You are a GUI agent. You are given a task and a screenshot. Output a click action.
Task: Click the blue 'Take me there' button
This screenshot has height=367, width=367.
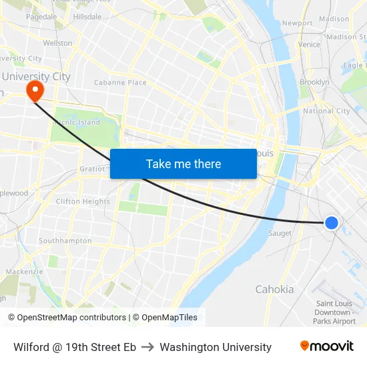pyautogui.click(x=183, y=163)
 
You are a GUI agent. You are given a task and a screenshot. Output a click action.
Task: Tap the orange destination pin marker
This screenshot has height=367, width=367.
pyautogui.click(x=33, y=91)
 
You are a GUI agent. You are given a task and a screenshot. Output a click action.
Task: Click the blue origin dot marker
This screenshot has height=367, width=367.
pyautogui.click(x=331, y=223)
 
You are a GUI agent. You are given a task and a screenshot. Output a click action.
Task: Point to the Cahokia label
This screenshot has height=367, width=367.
pyautogui.click(x=274, y=290)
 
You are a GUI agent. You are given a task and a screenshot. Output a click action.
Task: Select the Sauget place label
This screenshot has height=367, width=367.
pyautogui.click(x=280, y=234)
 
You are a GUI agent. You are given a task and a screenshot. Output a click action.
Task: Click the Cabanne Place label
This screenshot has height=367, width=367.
pyautogui.click(x=120, y=83)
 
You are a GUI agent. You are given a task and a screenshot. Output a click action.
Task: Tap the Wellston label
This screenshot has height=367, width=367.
pyautogui.click(x=57, y=43)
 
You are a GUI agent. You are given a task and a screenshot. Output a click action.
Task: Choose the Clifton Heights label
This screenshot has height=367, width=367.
pyautogui.click(x=83, y=202)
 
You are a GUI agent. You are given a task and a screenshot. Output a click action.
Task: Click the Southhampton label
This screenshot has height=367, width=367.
pyautogui.click(x=65, y=240)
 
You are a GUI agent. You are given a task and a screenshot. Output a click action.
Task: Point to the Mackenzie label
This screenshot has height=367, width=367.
pyautogui.click(x=24, y=272)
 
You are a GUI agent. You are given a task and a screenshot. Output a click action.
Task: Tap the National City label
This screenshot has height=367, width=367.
pyautogui.click(x=326, y=111)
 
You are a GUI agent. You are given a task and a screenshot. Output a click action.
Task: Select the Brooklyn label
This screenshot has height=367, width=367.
pyautogui.click(x=314, y=82)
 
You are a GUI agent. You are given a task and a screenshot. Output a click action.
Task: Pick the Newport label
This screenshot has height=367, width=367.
pyautogui.click(x=297, y=23)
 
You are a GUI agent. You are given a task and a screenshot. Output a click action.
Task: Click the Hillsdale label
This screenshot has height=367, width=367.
pyautogui.click(x=87, y=16)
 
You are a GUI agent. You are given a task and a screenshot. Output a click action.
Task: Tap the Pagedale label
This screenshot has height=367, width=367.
pyautogui.click(x=41, y=16)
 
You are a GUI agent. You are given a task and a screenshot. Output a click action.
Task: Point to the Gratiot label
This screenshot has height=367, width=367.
pyautogui.click(x=92, y=169)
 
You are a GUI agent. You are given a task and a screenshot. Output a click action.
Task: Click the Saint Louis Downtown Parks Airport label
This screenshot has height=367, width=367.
pyautogui.click(x=334, y=312)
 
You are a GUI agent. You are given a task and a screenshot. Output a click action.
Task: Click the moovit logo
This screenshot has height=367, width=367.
pyautogui.click(x=326, y=346)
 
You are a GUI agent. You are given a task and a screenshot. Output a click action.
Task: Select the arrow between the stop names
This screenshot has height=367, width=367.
pyautogui.click(x=147, y=347)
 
